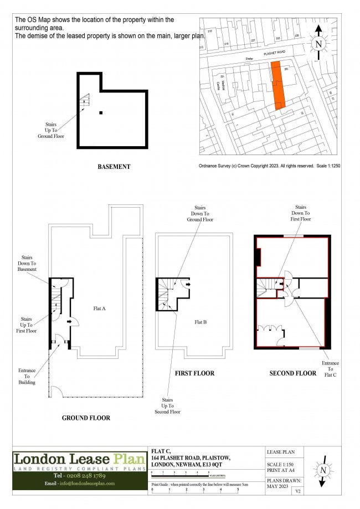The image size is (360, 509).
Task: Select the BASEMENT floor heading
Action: click(x=114, y=167)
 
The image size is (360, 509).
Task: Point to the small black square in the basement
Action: click(x=101, y=113)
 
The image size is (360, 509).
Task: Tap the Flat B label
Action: click(x=199, y=322)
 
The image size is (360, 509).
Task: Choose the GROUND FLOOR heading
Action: click(x=86, y=418)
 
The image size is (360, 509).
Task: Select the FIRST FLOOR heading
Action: click(x=194, y=373)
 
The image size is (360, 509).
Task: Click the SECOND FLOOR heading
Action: click(x=293, y=373)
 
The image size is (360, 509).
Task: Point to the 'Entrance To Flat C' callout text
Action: click(x=331, y=369)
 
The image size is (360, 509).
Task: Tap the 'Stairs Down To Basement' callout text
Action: click(x=28, y=263)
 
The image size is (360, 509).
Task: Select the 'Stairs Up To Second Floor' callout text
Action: click(x=172, y=405)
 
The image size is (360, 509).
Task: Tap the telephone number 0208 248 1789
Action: click(x=81, y=476)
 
